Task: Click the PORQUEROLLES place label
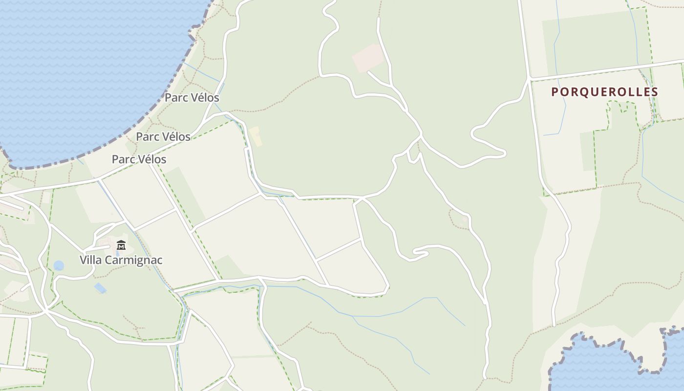tap(605, 92)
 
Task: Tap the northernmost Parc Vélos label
tap(192, 97)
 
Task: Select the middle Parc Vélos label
tap(163, 136)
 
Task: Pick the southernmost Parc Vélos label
tap(139, 159)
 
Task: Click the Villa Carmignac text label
tap(121, 260)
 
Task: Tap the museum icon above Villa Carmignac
tap(121, 245)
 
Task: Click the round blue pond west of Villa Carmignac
tap(59, 265)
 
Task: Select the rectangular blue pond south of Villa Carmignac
tap(100, 288)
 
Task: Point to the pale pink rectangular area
tap(367, 58)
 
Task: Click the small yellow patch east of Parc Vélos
tap(255, 136)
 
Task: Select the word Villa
tap(90, 260)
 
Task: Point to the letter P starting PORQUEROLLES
tap(555, 92)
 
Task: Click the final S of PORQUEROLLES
tap(655, 92)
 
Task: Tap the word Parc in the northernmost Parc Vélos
tap(174, 97)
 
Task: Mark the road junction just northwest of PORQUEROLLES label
tap(530, 78)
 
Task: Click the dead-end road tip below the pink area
tap(368, 72)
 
